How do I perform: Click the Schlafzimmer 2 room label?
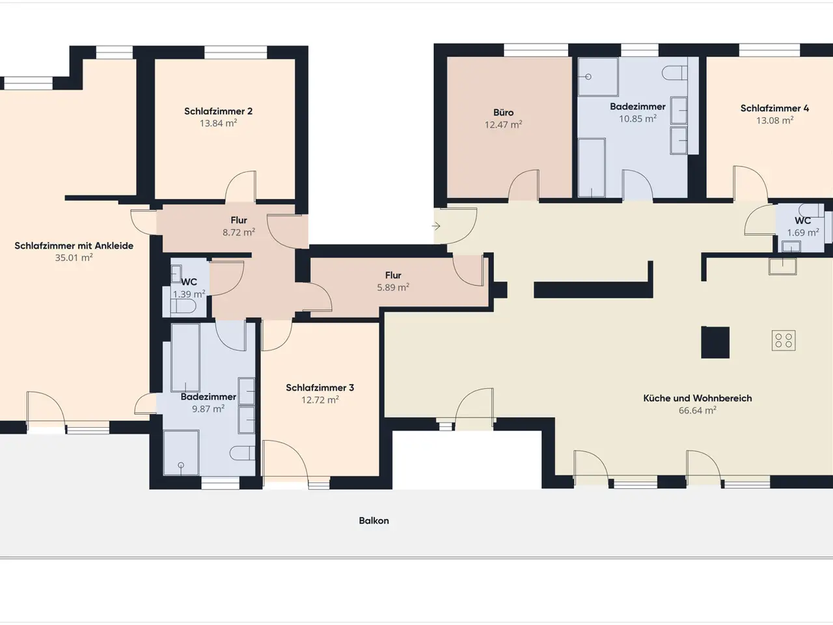218,111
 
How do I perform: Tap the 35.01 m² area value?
74,258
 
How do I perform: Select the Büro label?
504,113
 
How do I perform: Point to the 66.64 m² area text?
698,410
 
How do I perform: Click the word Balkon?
374,521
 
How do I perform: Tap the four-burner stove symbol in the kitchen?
784,340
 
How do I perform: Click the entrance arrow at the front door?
436,227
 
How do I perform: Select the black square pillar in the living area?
715,342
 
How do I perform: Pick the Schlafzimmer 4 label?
774,108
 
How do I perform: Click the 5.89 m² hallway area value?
393,287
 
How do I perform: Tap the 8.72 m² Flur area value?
239,232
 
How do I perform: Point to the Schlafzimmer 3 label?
320,387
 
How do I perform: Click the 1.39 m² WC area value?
189,294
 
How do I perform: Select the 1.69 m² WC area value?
803,232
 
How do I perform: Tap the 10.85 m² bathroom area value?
638,118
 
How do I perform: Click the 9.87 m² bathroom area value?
208,409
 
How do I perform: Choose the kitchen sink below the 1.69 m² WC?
782,266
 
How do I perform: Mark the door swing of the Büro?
523,185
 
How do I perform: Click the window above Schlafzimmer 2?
236,52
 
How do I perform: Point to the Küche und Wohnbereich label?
698,398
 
